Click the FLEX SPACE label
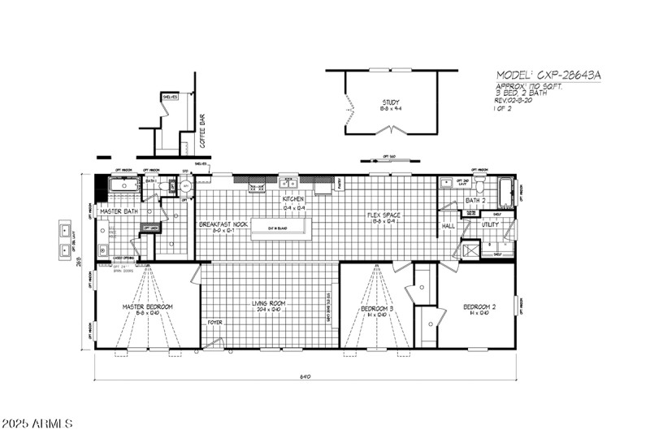click(383, 215)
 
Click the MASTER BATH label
click(119, 211)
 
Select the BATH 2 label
click(475, 200)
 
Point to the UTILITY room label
click(490, 224)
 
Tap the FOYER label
click(214, 322)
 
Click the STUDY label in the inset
click(392, 102)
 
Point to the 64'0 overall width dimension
click(305, 376)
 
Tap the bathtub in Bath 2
click(506, 193)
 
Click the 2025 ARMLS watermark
click(37, 424)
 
